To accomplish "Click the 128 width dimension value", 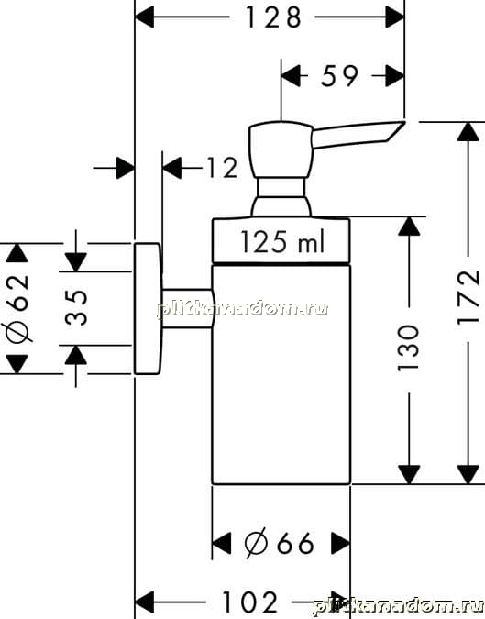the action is pyautogui.click(x=273, y=17).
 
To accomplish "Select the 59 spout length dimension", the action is pyautogui.click(x=339, y=75).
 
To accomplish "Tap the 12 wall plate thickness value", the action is pyautogui.click(x=222, y=168).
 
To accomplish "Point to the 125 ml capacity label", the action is pyautogui.click(x=282, y=241).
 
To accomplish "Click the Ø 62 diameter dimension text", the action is pyautogui.click(x=17, y=307).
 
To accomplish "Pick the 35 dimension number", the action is pyautogui.click(x=76, y=307).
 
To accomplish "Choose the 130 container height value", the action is pyautogui.click(x=408, y=348).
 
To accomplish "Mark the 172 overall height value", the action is pyautogui.click(x=468, y=298).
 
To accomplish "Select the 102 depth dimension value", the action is pyautogui.click(x=249, y=602).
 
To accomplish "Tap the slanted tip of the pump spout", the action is pyautogui.click(x=396, y=130).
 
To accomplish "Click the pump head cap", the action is pyautogui.click(x=281, y=149).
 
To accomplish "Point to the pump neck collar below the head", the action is pyautogui.click(x=281, y=187).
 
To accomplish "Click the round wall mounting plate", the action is pyautogui.click(x=148, y=308).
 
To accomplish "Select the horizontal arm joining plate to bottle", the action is pyautogui.click(x=187, y=308).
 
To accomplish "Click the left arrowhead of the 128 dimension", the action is pyautogui.click(x=145, y=17).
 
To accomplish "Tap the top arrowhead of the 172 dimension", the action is pyautogui.click(x=468, y=132).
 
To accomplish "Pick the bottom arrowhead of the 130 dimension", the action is pyautogui.click(x=409, y=474).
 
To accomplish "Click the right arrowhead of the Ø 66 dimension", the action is pyautogui.click(x=340, y=543).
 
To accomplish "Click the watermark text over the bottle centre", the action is pyautogui.click(x=243, y=309).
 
